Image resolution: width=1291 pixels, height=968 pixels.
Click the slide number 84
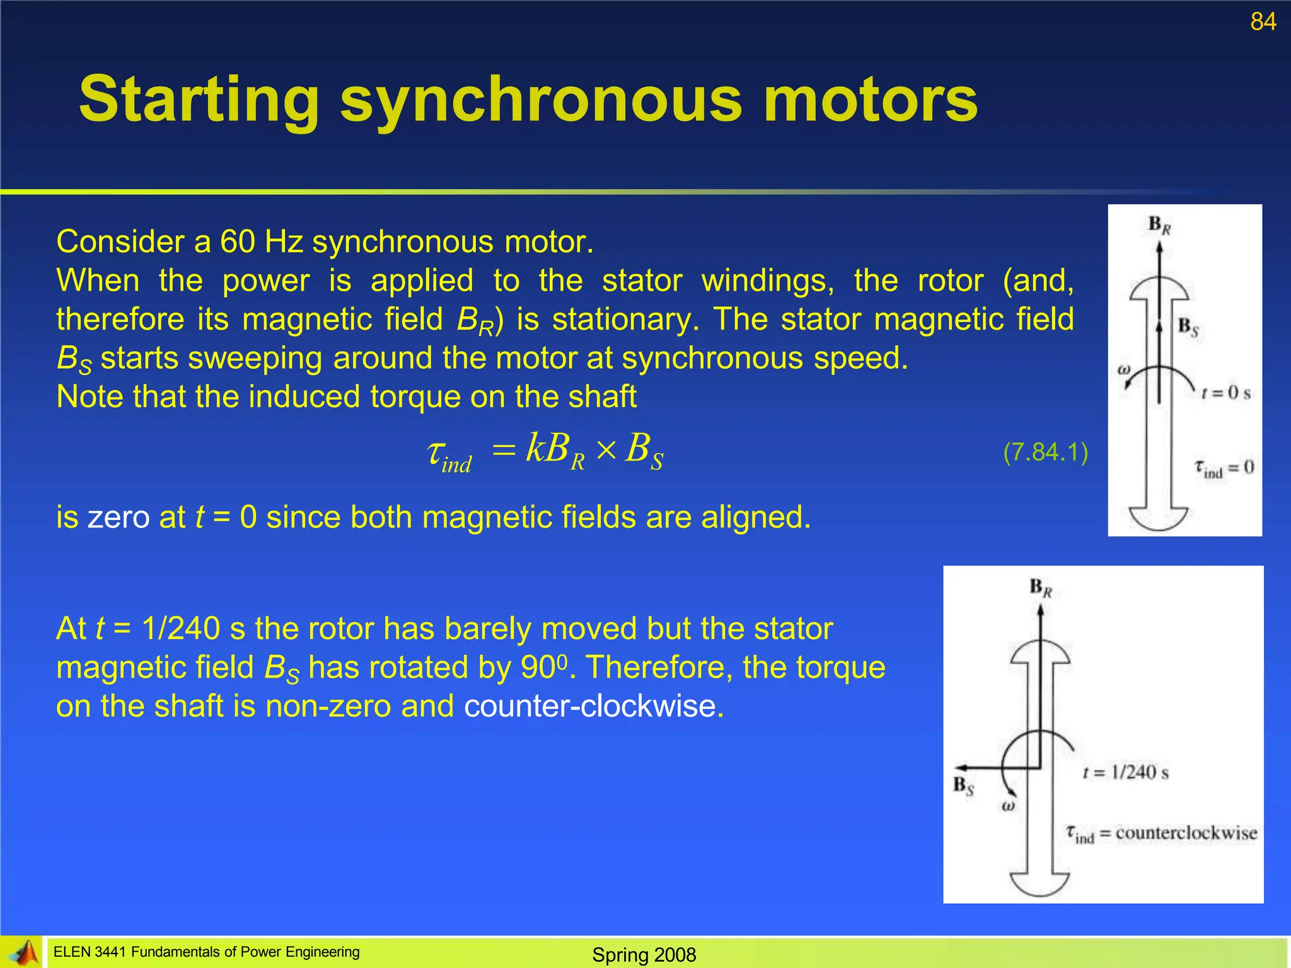1263,22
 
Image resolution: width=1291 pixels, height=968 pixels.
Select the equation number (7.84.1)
1045,452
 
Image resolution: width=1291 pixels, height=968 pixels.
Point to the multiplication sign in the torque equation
605,450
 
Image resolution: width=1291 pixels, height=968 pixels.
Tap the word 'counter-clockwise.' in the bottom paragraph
594,706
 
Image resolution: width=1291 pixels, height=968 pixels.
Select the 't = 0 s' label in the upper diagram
1225,393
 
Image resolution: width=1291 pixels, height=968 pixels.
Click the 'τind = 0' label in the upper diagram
1224,468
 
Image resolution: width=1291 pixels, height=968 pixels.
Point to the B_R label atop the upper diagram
1159,225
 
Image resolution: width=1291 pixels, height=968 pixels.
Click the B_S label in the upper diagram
1188,327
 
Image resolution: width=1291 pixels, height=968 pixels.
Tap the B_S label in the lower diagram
963,786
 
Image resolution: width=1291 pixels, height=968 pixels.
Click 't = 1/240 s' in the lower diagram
1125,773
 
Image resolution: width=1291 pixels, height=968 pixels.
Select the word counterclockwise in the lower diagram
1186,833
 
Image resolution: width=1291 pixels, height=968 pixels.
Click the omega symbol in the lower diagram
1008,806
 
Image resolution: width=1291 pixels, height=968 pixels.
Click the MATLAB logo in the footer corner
24,953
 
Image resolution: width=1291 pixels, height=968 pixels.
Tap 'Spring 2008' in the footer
644,955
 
